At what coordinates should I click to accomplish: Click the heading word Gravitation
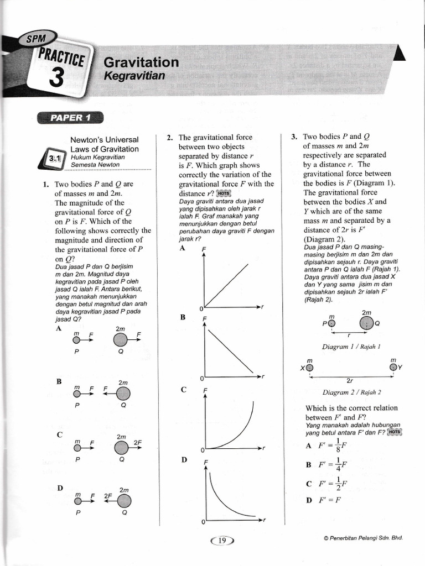(x=141, y=62)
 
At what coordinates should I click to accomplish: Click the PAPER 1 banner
(x=70, y=117)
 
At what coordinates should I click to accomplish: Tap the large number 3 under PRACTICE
(x=58, y=78)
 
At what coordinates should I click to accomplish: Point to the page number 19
(x=222, y=541)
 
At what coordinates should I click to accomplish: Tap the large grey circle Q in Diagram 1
(x=366, y=323)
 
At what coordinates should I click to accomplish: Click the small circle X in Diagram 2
(x=309, y=367)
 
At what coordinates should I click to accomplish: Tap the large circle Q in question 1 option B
(x=123, y=393)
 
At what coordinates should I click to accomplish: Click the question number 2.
(x=170, y=138)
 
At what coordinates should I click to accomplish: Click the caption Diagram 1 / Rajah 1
(x=351, y=347)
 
